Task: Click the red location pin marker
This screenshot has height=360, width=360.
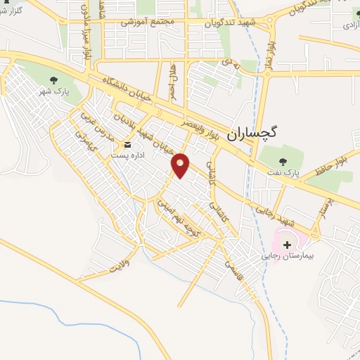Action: [181, 165]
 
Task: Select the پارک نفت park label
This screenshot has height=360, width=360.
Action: [286, 172]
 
